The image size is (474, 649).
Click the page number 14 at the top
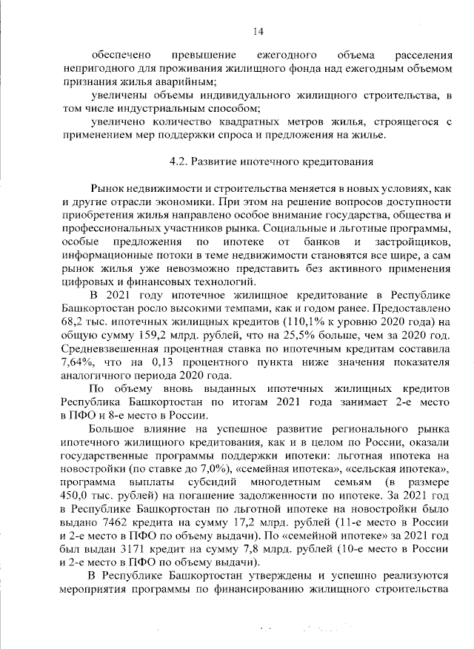point(257,30)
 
